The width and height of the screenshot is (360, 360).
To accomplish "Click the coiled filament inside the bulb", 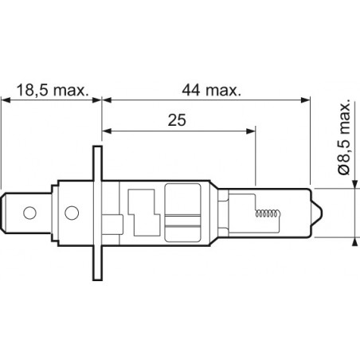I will pos(268,214).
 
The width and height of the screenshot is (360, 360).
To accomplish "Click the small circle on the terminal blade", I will pos(29,213).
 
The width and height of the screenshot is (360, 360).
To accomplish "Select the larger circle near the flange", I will pos(70,213).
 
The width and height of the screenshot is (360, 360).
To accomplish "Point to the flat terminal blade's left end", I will pos(8,213).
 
